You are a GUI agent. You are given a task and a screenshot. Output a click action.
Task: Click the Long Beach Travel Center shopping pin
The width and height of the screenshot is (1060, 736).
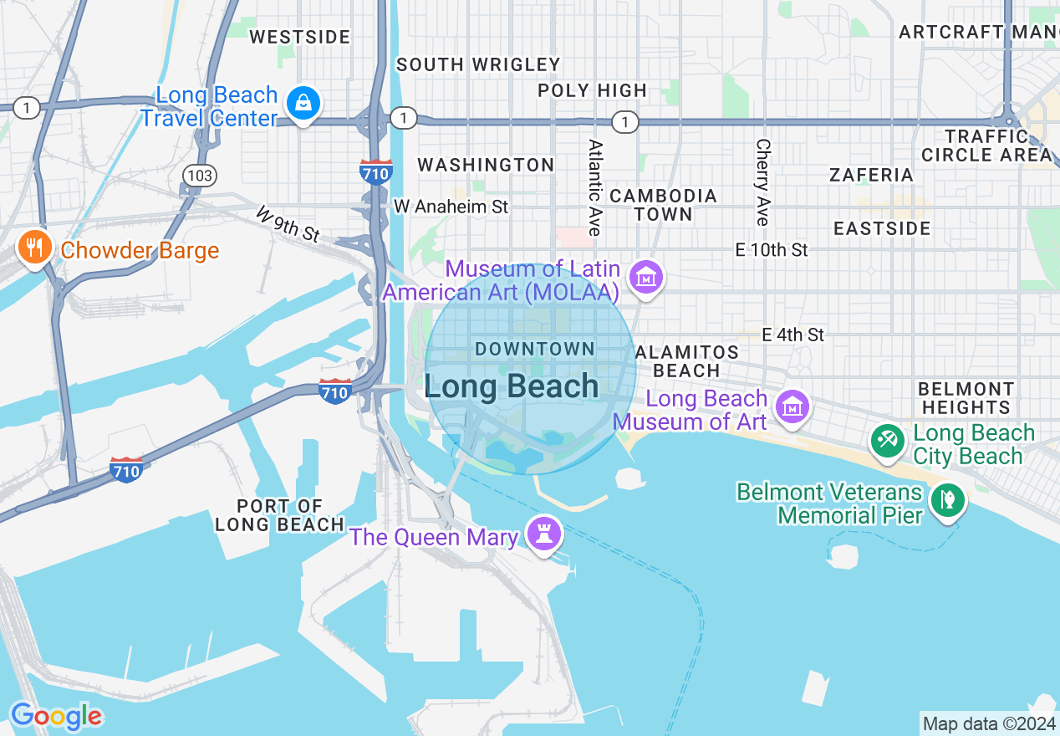click(x=303, y=104)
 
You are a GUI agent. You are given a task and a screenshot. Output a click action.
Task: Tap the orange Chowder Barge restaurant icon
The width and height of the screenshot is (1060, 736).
click(x=34, y=248)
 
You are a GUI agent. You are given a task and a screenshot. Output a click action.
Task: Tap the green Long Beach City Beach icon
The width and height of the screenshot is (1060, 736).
click(x=887, y=441)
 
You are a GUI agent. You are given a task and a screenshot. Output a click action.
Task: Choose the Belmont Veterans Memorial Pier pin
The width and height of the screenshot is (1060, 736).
click(x=949, y=501)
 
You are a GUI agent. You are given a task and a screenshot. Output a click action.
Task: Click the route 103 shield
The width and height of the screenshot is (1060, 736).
click(x=201, y=175)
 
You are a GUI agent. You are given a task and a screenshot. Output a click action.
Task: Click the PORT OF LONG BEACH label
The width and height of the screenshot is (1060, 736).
click(x=279, y=515)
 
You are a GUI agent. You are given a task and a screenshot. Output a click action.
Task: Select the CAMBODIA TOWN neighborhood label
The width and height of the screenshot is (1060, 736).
click(x=663, y=205)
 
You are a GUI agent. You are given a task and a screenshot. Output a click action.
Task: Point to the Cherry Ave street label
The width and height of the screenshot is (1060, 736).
click(x=762, y=182)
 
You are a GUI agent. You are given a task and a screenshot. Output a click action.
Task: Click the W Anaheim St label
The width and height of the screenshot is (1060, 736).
click(x=451, y=206)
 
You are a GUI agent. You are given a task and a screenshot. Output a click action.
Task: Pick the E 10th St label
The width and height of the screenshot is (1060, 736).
click(x=772, y=249)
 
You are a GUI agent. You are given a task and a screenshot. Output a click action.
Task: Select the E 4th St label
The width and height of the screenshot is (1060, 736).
click(x=792, y=335)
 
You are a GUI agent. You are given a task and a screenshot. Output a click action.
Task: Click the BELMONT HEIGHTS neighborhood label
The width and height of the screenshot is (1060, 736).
click(x=966, y=398)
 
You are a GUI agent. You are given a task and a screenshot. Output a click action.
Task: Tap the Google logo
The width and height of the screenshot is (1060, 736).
click(x=56, y=716)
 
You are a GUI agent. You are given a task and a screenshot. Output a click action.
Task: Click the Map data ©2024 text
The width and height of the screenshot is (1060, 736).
click(x=989, y=723)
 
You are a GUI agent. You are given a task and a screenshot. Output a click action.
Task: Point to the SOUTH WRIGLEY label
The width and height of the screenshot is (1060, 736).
click(x=478, y=64)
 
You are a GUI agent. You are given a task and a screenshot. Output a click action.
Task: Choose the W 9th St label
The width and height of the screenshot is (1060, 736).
click(x=288, y=224)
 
